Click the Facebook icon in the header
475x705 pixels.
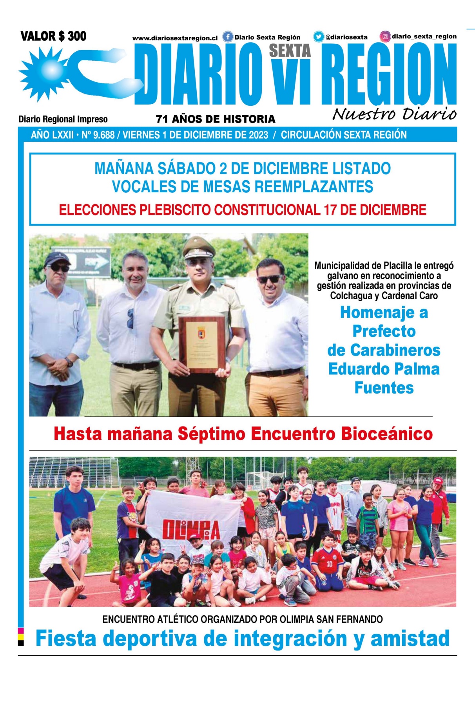[228, 37]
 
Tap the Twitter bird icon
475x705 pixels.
[319, 37]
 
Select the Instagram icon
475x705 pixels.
[385, 36]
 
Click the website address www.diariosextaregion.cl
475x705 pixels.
[175, 38]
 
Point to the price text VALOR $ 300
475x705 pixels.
[53, 36]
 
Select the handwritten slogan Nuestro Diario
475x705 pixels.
[394, 114]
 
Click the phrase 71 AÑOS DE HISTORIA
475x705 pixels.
[216, 119]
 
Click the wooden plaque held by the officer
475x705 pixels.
[201, 344]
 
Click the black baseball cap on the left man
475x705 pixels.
[57, 259]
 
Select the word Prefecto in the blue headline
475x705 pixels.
[384, 331]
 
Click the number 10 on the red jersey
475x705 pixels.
[329, 564]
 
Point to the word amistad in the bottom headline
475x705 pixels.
[410, 638]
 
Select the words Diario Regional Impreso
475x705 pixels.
[63, 119]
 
